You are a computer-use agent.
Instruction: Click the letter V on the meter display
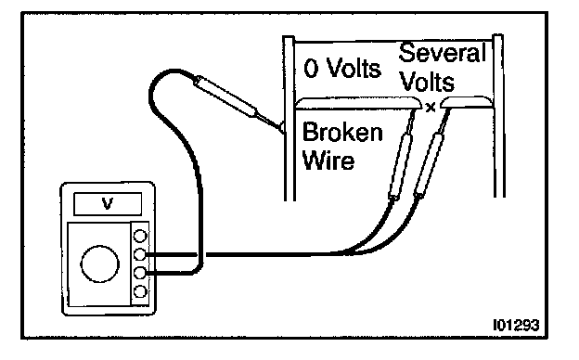(x=108, y=203)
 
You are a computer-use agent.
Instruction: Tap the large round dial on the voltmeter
(x=99, y=264)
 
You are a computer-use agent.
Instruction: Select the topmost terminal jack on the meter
(x=140, y=236)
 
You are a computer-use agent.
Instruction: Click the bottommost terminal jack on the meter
(x=140, y=291)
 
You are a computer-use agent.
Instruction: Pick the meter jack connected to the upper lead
(x=140, y=254)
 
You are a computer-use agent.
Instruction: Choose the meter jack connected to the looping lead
(x=140, y=273)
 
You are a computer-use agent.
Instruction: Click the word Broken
(x=342, y=132)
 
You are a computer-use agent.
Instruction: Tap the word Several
(x=443, y=53)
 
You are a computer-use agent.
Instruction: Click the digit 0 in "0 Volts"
(x=311, y=69)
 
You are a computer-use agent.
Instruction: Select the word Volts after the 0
(x=354, y=68)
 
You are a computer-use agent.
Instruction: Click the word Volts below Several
(x=427, y=82)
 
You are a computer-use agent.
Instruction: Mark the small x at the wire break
(x=431, y=108)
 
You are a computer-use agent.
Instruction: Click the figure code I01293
(x=516, y=325)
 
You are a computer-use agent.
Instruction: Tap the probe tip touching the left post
(x=281, y=127)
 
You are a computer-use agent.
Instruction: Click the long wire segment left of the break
(x=358, y=103)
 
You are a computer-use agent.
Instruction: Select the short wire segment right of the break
(x=467, y=102)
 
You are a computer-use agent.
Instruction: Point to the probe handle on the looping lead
(x=225, y=96)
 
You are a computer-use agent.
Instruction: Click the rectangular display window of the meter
(x=108, y=204)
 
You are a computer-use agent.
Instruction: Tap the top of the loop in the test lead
(x=174, y=71)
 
